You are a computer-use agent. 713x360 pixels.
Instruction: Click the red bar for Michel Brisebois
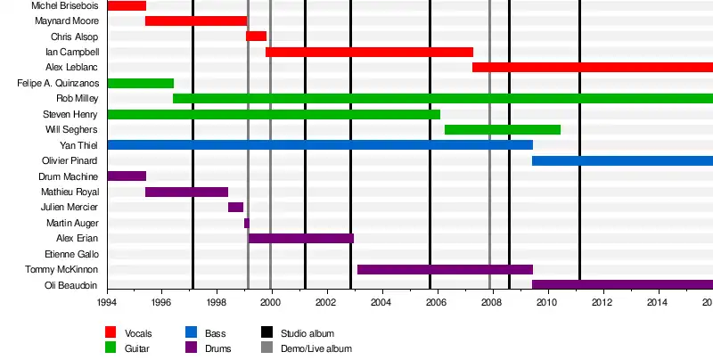(x=127, y=5)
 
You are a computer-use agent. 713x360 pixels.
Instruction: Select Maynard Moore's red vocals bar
(x=196, y=20)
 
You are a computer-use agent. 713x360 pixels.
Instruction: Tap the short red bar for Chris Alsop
(x=256, y=37)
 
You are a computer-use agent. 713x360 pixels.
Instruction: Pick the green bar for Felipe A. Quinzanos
(x=140, y=83)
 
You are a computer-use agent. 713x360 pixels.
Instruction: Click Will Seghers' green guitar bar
(x=503, y=130)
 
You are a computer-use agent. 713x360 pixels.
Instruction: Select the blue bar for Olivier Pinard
(x=622, y=160)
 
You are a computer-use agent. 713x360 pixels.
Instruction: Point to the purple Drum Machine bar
(x=127, y=176)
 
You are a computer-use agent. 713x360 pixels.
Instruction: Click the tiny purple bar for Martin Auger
(x=247, y=223)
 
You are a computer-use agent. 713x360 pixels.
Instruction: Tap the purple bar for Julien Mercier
(x=235, y=208)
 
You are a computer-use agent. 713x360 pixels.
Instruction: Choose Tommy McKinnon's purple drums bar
(x=445, y=269)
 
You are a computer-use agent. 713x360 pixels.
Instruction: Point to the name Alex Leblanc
(x=71, y=68)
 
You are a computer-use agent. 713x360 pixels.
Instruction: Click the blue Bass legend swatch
(x=191, y=332)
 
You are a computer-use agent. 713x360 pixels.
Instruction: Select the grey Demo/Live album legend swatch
(x=266, y=348)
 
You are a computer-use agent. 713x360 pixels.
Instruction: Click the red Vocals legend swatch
(x=111, y=332)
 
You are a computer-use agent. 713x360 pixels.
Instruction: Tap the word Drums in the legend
(x=218, y=348)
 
